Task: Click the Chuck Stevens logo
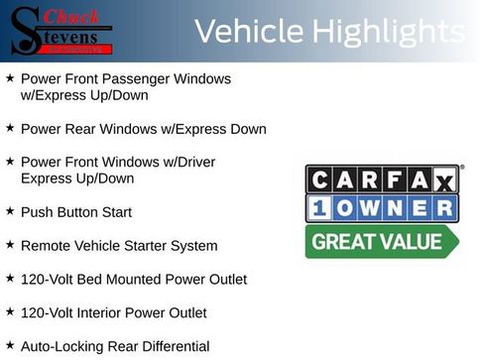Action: (x=61, y=30)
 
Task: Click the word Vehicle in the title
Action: (x=248, y=31)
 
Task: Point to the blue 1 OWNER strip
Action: (x=382, y=208)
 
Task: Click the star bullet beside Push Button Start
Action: (x=10, y=211)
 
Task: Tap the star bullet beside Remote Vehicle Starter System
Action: (x=10, y=244)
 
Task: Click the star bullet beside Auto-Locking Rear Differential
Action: (x=10, y=345)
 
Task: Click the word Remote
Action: (x=46, y=246)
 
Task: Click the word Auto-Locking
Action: (x=59, y=347)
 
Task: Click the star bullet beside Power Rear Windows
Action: (x=10, y=128)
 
